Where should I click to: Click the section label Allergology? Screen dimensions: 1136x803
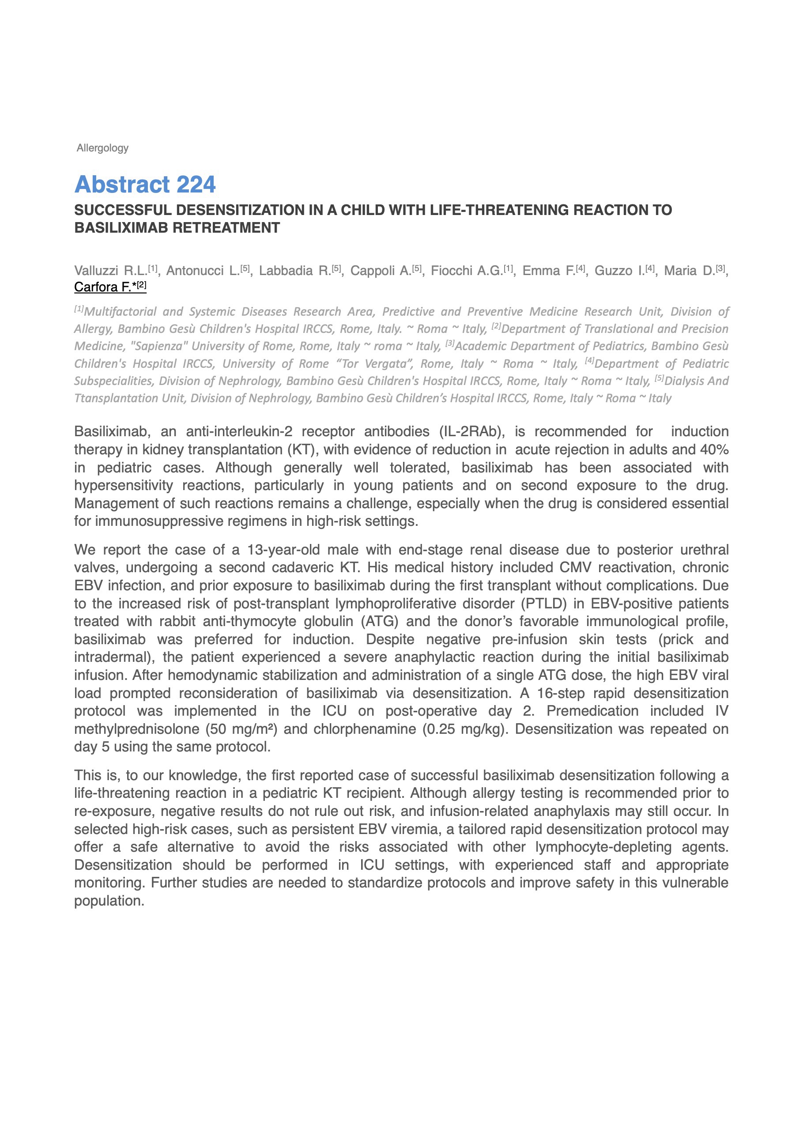click(x=102, y=148)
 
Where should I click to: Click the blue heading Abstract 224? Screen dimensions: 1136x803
click(x=145, y=185)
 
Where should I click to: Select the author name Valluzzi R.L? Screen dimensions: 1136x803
click(x=110, y=271)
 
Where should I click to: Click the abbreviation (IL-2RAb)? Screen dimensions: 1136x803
click(x=472, y=431)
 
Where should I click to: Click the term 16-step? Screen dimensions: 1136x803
click(x=560, y=693)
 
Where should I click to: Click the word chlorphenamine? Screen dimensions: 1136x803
click(x=365, y=729)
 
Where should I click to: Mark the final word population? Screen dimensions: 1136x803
click(x=109, y=901)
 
